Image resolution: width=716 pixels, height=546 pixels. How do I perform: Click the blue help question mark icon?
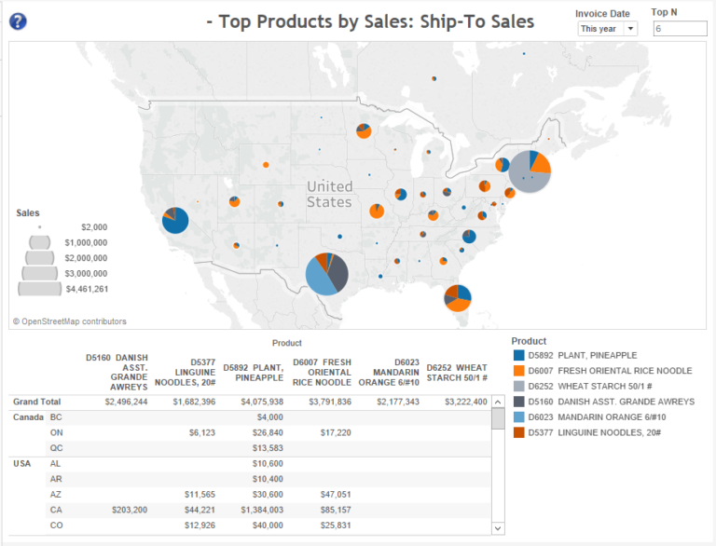(18, 20)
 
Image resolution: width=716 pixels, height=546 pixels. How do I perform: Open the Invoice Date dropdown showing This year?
(607, 29)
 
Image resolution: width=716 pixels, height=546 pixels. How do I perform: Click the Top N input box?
(679, 29)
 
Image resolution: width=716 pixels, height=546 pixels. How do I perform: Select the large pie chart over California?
(174, 221)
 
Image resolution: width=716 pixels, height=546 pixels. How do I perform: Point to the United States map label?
(330, 194)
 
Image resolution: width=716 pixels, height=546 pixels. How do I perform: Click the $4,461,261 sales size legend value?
(88, 289)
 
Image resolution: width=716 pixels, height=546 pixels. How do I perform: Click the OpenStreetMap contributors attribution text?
(70, 321)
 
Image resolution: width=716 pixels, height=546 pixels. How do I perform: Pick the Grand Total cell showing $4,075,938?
(254, 402)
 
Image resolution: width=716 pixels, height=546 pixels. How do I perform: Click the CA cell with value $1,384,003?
(255, 510)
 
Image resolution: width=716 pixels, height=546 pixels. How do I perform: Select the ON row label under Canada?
(56, 432)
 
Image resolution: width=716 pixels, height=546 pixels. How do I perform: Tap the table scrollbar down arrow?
(497, 528)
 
